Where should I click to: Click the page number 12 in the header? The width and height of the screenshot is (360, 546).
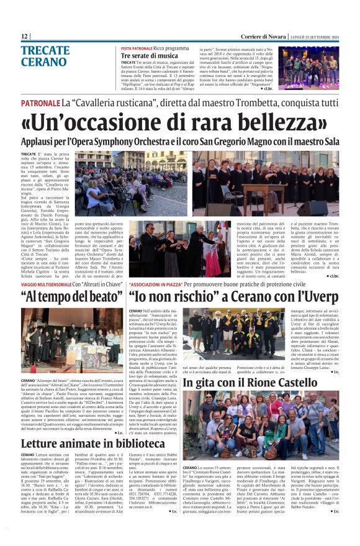(24, 36)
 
